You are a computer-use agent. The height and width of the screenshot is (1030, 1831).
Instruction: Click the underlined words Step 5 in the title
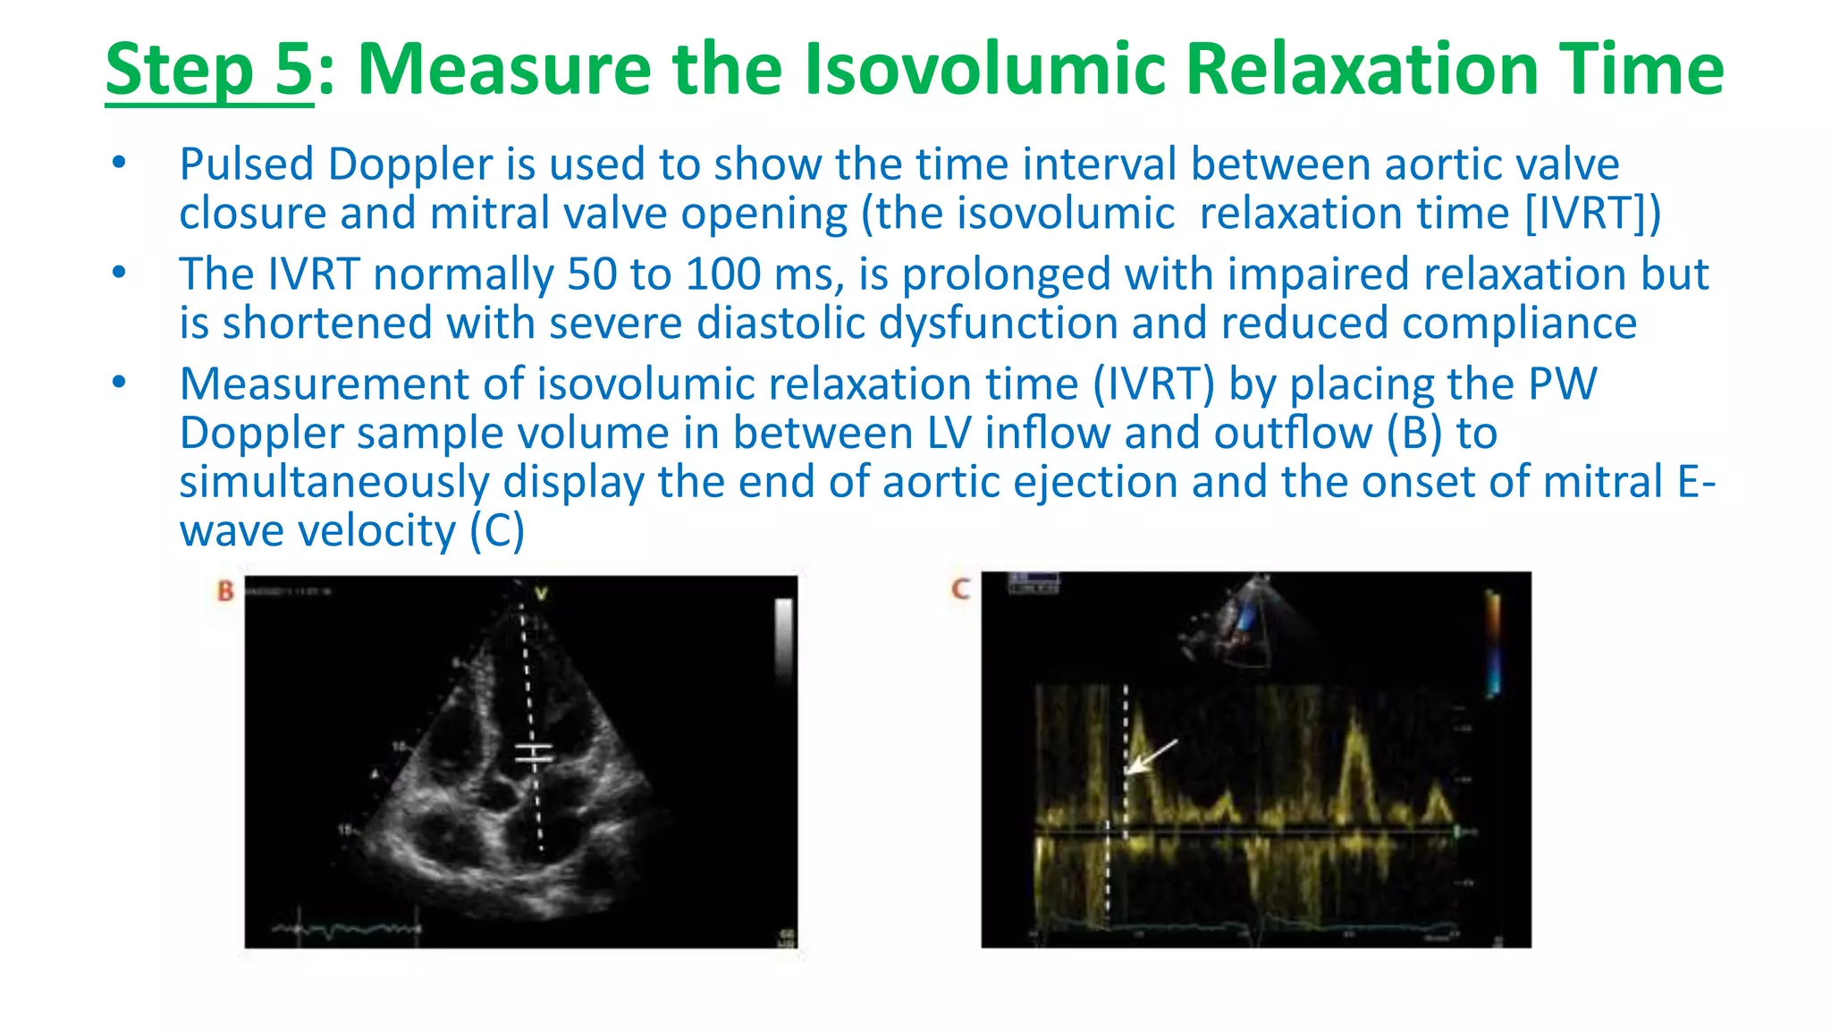[208, 70]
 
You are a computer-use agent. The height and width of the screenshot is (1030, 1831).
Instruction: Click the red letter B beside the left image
[225, 591]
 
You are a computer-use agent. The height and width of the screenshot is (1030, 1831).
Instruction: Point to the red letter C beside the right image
[960, 589]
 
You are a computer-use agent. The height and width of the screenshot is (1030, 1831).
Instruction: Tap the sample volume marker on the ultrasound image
[534, 755]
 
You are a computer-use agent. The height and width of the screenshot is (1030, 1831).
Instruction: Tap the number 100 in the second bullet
[722, 274]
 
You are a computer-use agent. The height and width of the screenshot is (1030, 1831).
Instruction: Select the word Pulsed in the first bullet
[246, 165]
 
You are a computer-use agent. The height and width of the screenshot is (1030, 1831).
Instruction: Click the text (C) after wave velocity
[496, 531]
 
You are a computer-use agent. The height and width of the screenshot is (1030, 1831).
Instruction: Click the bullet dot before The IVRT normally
[119, 273]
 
